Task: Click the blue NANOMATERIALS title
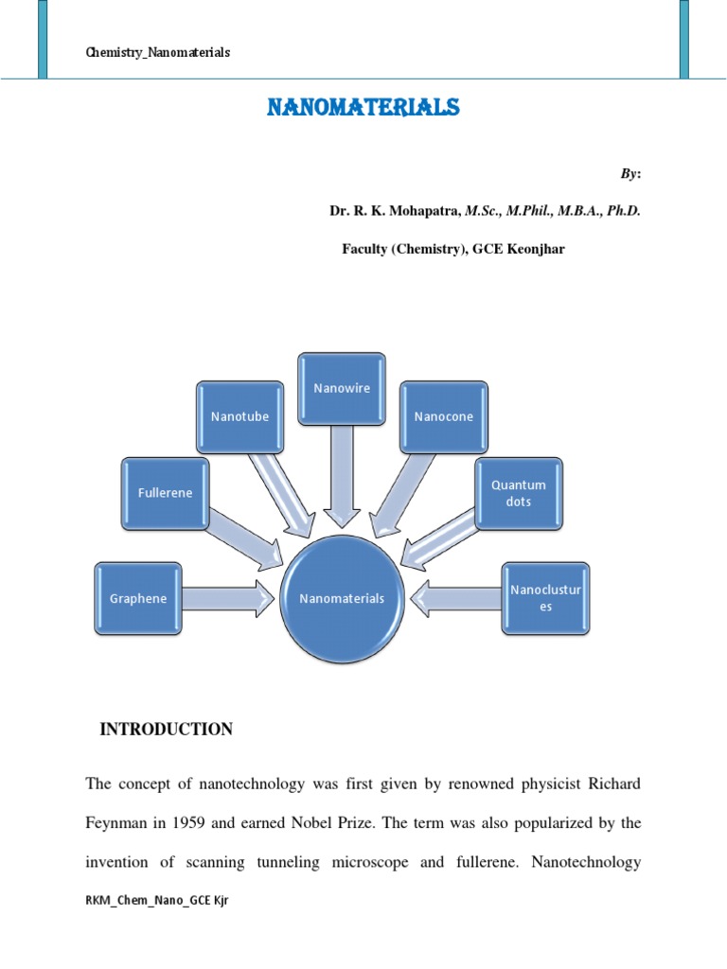363,108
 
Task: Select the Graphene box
138,598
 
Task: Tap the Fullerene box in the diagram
165,493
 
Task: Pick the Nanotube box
240,416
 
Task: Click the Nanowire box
342,388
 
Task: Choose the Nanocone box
444,416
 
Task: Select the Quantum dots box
519,493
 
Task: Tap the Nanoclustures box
545,598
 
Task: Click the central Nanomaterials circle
342,598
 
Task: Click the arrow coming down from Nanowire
342,473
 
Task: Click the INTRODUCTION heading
166,729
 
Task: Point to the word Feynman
116,823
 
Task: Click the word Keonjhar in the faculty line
536,249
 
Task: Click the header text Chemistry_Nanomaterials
157,53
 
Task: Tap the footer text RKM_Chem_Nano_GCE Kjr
157,901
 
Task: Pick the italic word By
629,173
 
